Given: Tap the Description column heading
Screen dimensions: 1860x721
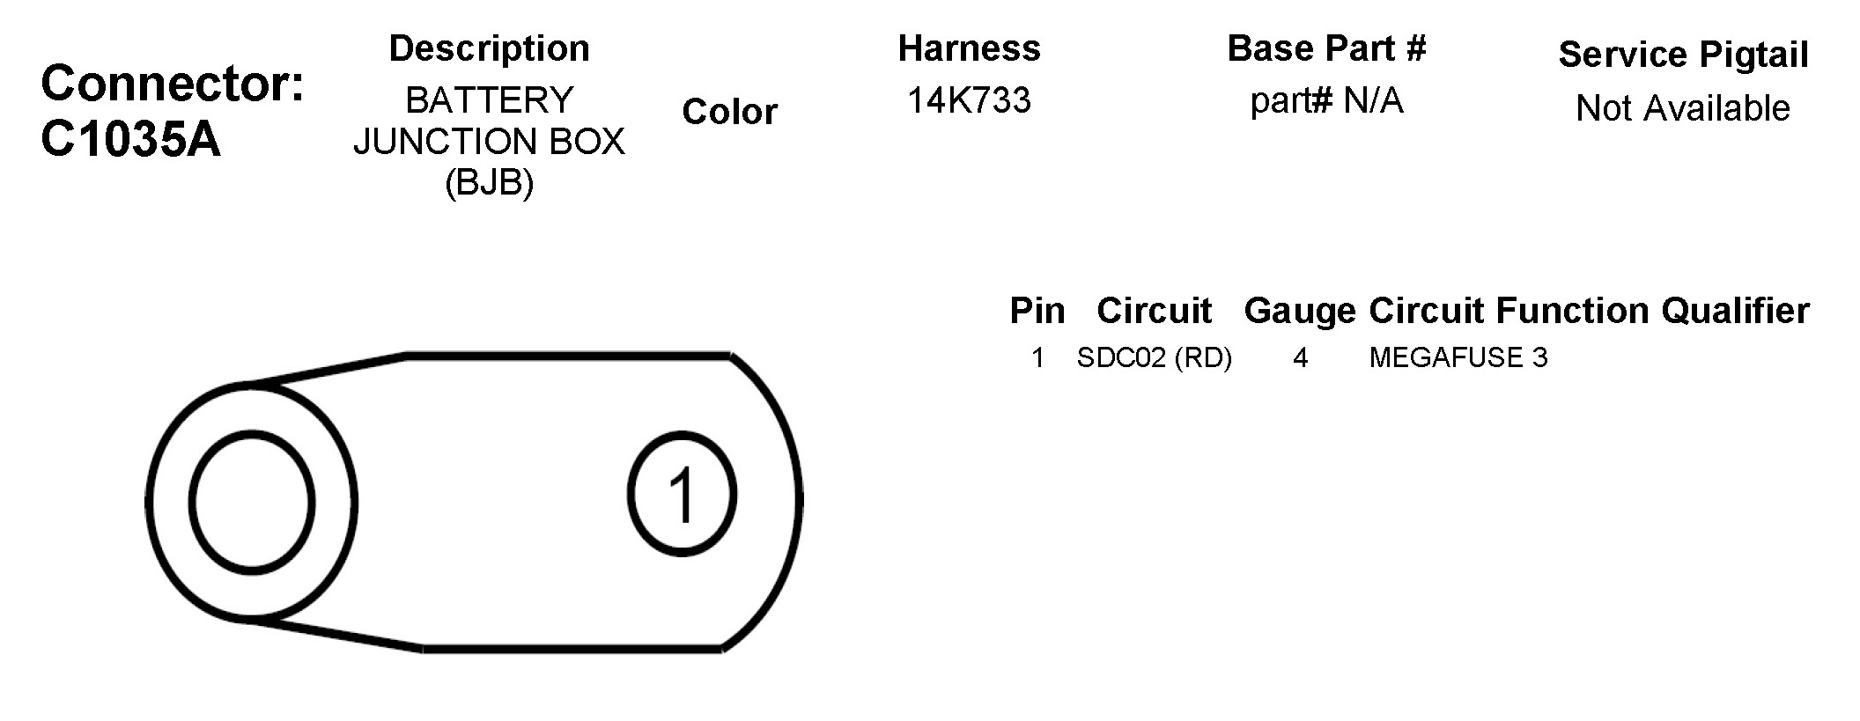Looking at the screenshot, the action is tap(490, 48).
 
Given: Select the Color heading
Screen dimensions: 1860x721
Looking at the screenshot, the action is tap(730, 112).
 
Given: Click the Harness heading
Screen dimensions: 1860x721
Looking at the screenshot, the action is tap(970, 48).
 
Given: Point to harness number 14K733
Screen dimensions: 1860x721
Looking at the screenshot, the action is tap(969, 100).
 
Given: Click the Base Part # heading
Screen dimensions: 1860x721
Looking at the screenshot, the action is tap(1326, 48).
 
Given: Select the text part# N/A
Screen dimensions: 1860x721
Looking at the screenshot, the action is tap(1326, 100).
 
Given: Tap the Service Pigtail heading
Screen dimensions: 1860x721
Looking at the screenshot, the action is tap(1684, 55).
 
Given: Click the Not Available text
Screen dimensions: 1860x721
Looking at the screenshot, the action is tap(1683, 108).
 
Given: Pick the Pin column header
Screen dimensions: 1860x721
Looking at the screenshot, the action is tap(1037, 311).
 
